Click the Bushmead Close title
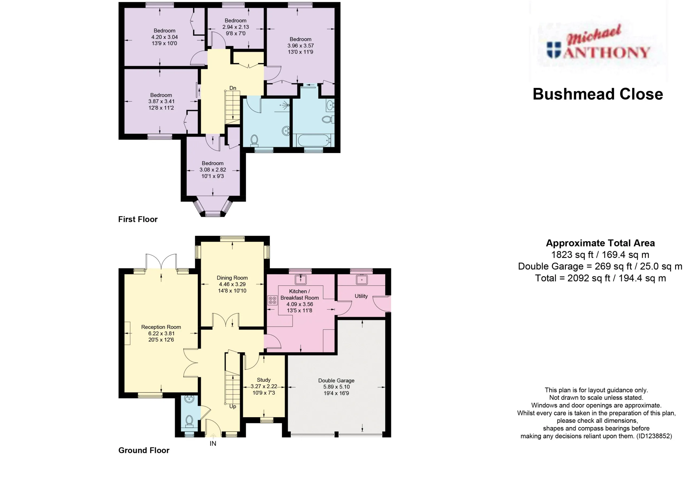click(x=597, y=94)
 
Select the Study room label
click(x=264, y=380)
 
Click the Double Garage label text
click(x=336, y=380)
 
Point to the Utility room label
click(x=361, y=296)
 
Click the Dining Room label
click(x=232, y=278)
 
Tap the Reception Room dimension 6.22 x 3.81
click(x=161, y=333)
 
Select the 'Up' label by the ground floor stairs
click(x=233, y=406)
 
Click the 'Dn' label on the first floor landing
click(x=233, y=88)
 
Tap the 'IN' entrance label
click(x=213, y=443)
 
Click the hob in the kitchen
click(x=272, y=300)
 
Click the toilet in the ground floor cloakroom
click(x=189, y=420)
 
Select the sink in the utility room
click(x=362, y=279)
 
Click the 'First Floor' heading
click(x=138, y=220)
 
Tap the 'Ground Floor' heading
click(x=144, y=450)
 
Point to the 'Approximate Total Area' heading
click(x=600, y=243)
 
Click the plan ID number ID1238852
click(x=654, y=436)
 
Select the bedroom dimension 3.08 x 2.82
click(x=213, y=170)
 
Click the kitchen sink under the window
click(x=300, y=279)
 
